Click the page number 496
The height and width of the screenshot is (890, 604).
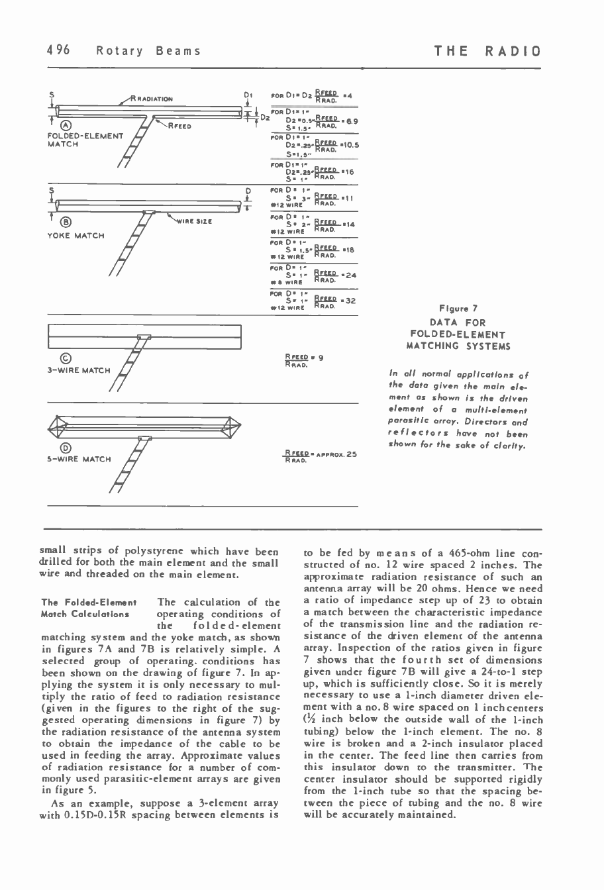pyautogui.click(x=58, y=51)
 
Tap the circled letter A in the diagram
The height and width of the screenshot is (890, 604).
pyautogui.click(x=58, y=126)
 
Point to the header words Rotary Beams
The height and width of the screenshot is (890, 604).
pyautogui.click(x=148, y=51)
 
